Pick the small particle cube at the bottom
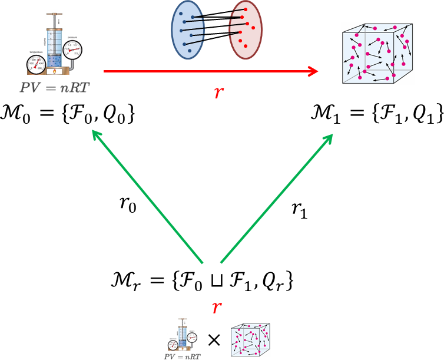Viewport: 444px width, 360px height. [x=250, y=340]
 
